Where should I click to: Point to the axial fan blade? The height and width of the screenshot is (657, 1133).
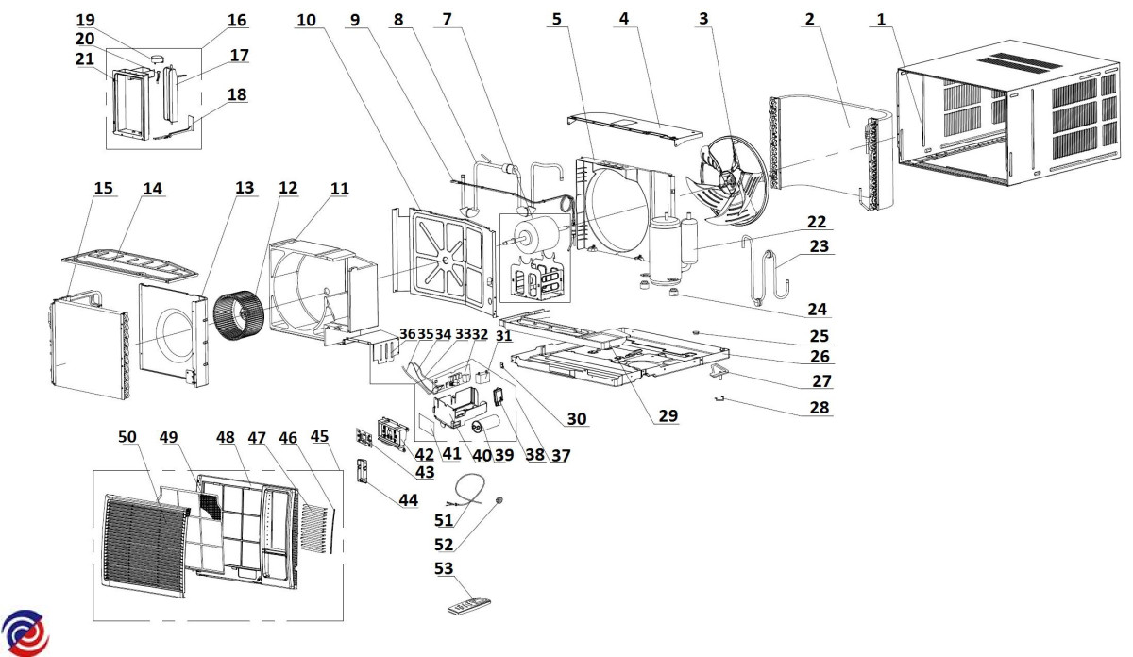tap(731, 179)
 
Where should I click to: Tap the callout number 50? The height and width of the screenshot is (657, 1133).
tap(127, 436)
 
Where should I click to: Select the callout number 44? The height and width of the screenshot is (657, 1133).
tap(408, 499)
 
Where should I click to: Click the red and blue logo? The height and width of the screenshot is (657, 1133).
tap(23, 632)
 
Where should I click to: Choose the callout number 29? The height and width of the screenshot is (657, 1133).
tap(669, 416)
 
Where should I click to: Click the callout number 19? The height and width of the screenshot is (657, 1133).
tap(86, 20)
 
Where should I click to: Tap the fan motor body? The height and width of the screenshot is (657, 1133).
tap(534, 235)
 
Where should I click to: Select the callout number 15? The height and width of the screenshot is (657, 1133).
tap(103, 189)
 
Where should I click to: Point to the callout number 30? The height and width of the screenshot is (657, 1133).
tap(577, 419)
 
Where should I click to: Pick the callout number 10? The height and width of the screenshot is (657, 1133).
tap(305, 19)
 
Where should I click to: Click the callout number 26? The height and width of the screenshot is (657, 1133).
tap(819, 357)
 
